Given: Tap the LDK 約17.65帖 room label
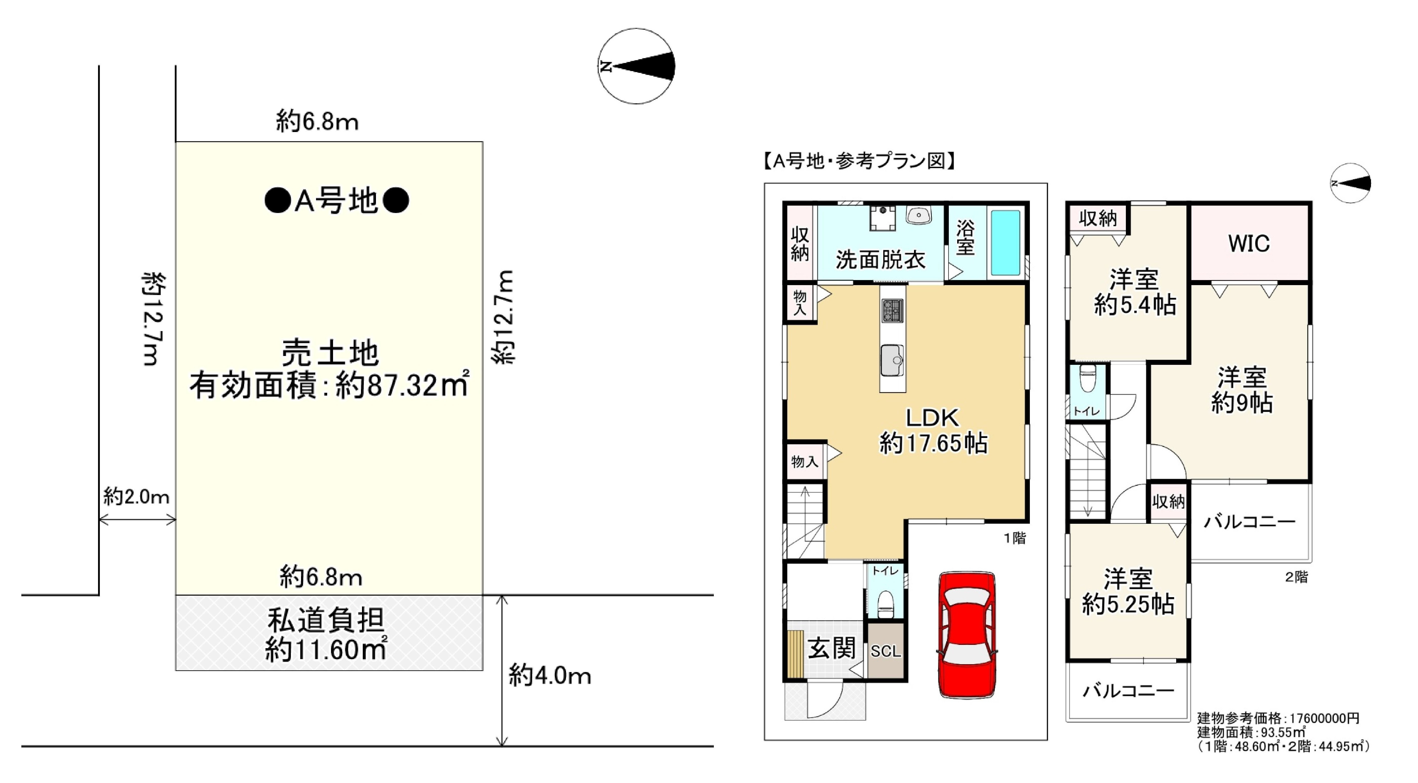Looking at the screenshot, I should tap(933, 430).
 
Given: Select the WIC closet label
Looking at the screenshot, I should tap(1249, 243).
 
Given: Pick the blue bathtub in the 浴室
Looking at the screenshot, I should tap(1005, 243).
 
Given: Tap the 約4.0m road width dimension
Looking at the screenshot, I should tap(549, 675).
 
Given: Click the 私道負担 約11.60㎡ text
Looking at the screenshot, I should tap(326, 634).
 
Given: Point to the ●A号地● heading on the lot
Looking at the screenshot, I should tap(336, 200).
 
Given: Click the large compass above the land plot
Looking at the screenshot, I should tap(636, 66).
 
